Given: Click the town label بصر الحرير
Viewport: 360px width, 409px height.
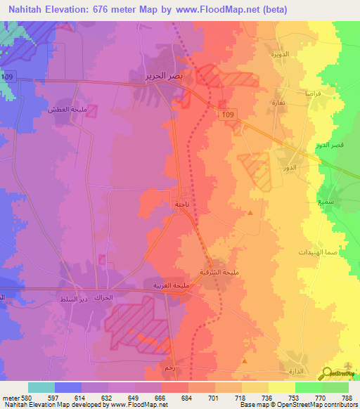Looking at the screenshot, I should coord(149,74).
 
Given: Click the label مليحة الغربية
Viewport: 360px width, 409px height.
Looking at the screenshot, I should coord(172,285).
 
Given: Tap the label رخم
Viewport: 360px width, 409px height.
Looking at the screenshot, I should coord(168,368).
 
